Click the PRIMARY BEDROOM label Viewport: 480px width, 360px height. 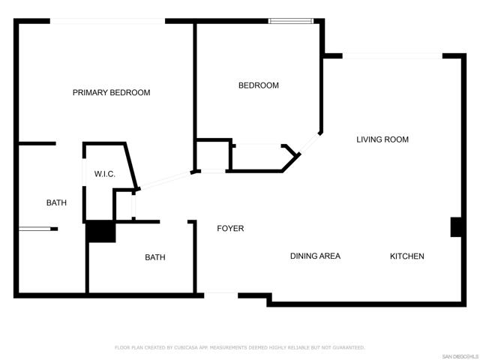(112, 92)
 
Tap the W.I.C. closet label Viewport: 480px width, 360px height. (105, 174)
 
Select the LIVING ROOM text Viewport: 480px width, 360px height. (382, 139)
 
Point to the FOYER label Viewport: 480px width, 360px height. (230, 228)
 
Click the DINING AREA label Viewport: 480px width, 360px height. (315, 256)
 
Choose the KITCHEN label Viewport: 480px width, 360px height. (407, 256)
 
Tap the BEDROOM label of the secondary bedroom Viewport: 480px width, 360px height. (259, 85)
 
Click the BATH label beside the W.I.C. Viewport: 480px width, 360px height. (56, 202)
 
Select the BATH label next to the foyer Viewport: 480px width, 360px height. (155, 257)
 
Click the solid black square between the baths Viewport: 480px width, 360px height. (100, 231)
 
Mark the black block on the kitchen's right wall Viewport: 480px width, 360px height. (456, 226)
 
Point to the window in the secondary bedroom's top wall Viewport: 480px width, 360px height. (291, 21)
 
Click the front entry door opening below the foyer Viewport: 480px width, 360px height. (221, 295)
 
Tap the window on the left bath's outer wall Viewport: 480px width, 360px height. (34, 228)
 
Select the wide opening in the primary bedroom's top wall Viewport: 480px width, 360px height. (108, 21)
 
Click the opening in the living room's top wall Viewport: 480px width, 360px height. (392, 56)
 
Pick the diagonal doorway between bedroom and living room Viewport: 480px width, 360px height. (309, 143)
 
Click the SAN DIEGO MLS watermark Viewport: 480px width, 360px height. (460, 357)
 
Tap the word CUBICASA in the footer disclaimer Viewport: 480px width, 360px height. (186, 347)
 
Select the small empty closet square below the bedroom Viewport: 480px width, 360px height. (213, 155)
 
